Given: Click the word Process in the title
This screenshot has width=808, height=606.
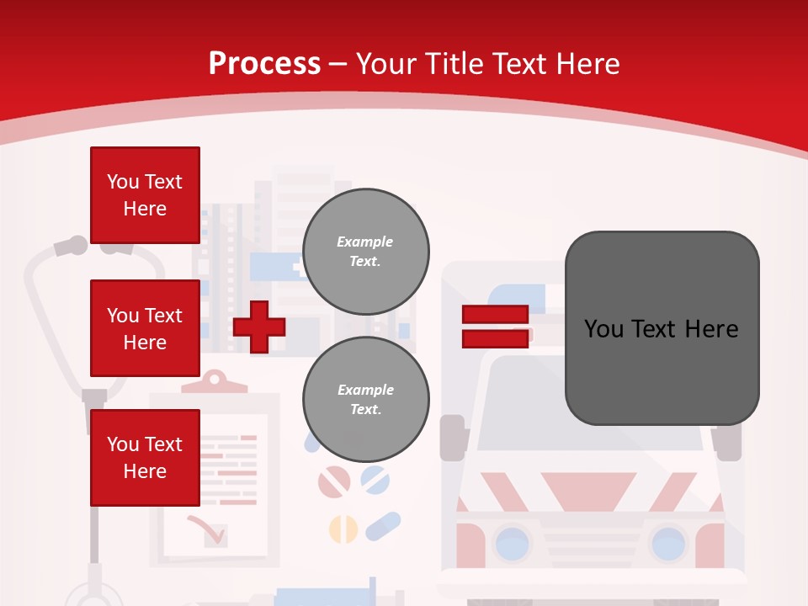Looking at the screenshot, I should (264, 63).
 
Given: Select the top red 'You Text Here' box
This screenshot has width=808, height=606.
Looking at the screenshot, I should (145, 195).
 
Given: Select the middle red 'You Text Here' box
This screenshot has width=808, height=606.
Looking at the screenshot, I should (145, 328).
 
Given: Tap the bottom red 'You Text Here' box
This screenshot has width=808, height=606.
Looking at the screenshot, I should (145, 458).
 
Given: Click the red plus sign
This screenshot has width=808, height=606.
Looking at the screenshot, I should (259, 327).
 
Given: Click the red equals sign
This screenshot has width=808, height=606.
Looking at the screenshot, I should (495, 327).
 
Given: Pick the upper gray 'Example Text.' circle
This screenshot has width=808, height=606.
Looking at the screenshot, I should (365, 252).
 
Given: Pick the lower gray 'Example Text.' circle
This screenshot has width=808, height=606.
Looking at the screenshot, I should (365, 400).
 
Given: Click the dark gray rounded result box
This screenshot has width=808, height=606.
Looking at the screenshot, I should (662, 328).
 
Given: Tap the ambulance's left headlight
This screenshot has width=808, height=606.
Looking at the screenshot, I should (513, 542).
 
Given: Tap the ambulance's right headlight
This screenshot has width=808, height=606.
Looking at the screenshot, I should (668, 542).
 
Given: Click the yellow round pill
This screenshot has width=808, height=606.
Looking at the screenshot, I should (343, 529).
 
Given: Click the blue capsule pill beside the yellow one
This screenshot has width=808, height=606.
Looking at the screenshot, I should (383, 527).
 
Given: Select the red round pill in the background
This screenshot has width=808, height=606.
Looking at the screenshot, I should (333, 481).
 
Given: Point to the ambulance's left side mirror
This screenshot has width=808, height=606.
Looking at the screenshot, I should (452, 437).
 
